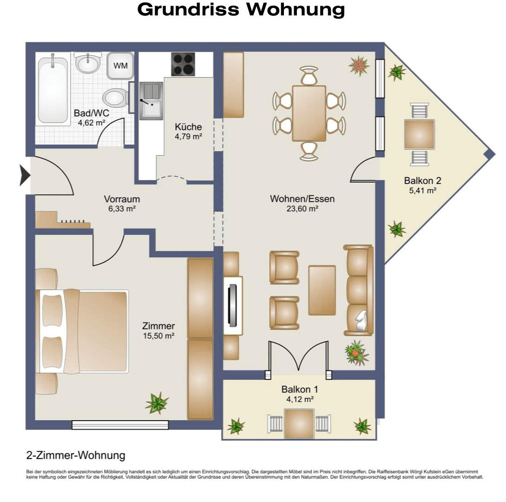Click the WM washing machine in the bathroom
(120, 66)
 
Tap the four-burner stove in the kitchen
(183, 64)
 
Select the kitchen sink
(151, 101)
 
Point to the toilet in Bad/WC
(116, 98)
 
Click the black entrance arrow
(25, 175)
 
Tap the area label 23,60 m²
(302, 209)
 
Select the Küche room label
(189, 127)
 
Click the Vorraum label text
(122, 199)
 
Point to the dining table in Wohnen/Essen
(309, 113)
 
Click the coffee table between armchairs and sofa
(322, 290)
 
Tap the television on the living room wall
(232, 305)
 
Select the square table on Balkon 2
(420, 134)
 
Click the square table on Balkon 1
(299, 423)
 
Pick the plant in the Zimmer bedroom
(157, 403)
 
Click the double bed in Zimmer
(83, 331)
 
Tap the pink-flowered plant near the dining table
(359, 66)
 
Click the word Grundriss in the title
(188, 9)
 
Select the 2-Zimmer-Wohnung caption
(76, 456)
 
